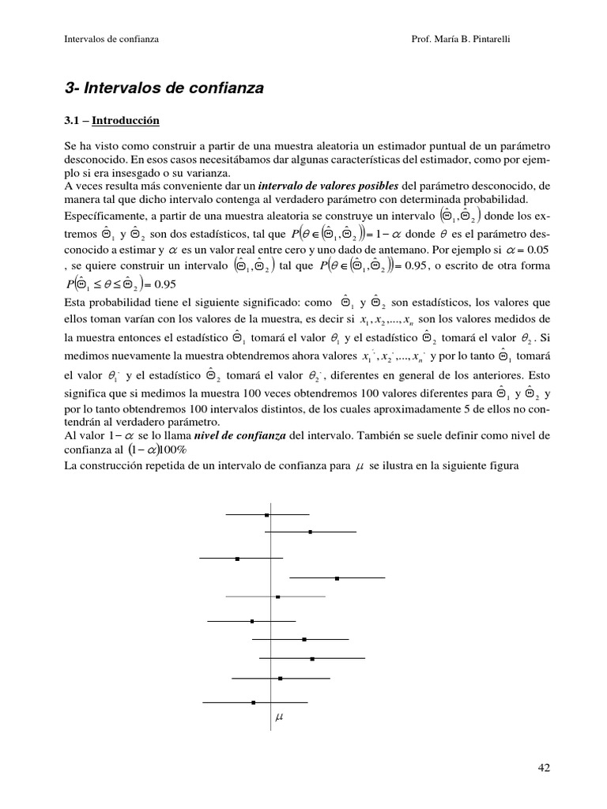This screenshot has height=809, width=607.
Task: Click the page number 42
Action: [x=543, y=767]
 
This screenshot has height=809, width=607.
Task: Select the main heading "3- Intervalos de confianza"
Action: [x=164, y=88]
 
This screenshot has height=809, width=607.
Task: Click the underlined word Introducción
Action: [x=126, y=121]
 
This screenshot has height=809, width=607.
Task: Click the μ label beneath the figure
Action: [x=278, y=718]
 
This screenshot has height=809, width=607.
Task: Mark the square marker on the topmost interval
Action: [x=267, y=514]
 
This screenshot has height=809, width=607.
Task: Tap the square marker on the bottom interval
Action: [x=254, y=702]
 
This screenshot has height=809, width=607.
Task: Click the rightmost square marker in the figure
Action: [x=337, y=578]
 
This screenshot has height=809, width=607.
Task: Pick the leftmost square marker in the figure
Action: [x=238, y=559]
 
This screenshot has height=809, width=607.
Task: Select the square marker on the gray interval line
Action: [x=278, y=596]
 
